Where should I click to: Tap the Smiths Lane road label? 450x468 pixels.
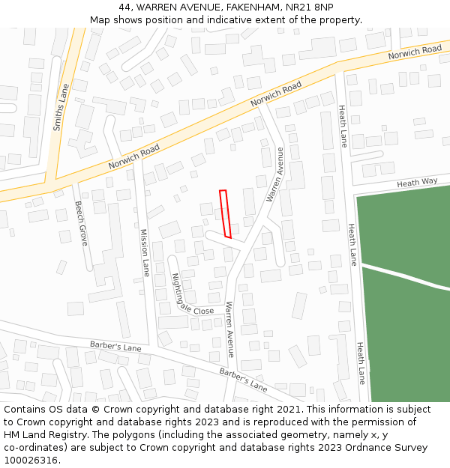60,107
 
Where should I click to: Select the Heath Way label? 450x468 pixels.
417,183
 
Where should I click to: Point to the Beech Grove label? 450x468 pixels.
82,223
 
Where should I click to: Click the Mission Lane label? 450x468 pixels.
145,252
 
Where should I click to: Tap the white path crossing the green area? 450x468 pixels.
405,276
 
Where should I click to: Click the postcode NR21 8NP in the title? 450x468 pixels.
306,7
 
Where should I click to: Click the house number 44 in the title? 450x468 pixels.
125,7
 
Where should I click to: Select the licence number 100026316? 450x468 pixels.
31,461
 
